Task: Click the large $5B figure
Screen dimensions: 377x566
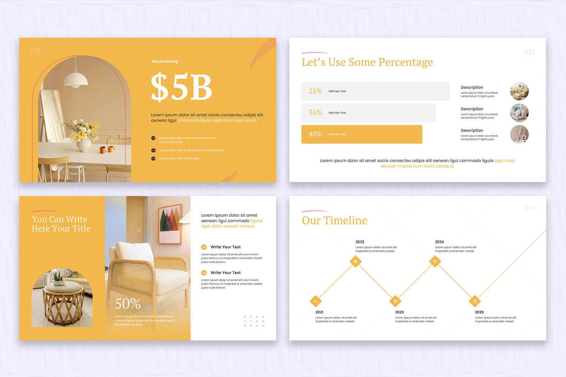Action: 181,87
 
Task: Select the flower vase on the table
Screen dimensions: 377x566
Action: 84,144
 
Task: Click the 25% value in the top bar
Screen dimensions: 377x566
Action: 315,91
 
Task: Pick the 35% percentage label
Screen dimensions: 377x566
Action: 315,112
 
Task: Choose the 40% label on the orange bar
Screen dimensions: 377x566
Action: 315,134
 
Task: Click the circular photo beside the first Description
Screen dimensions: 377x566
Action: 519,91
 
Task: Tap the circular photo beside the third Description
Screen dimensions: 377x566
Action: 519,134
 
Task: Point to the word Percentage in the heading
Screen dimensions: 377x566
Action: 405,62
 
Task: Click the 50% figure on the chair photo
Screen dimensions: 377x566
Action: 128,303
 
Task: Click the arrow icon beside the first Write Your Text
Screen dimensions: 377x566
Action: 204,247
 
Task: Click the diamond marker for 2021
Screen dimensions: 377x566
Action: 315,301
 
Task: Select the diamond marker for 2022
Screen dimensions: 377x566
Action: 355,261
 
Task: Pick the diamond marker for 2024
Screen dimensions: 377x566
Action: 435,261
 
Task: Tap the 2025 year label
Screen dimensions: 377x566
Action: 479,312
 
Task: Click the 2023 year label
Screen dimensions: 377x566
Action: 399,312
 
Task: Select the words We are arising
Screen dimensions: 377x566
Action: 165,61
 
